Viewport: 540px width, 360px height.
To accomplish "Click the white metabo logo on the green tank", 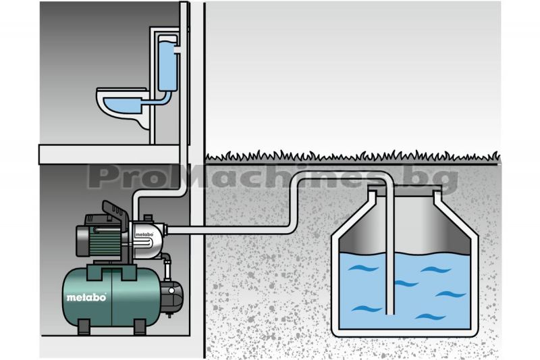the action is [x=86, y=297].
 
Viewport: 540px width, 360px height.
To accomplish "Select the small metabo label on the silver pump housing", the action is [x=144, y=234].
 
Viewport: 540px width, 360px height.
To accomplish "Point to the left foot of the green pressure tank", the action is [x=84, y=327].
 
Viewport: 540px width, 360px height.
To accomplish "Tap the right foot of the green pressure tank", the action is [x=140, y=327].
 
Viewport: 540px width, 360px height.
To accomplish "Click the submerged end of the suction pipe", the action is [x=390, y=311].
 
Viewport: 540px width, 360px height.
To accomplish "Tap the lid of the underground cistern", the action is [x=404, y=188].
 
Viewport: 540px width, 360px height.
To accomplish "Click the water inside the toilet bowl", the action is [x=122, y=103].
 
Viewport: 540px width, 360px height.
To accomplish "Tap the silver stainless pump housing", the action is [x=145, y=238].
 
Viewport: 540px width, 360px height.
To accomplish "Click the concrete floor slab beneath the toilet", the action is [x=109, y=155].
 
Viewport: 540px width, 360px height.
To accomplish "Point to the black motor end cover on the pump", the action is [x=82, y=241].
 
